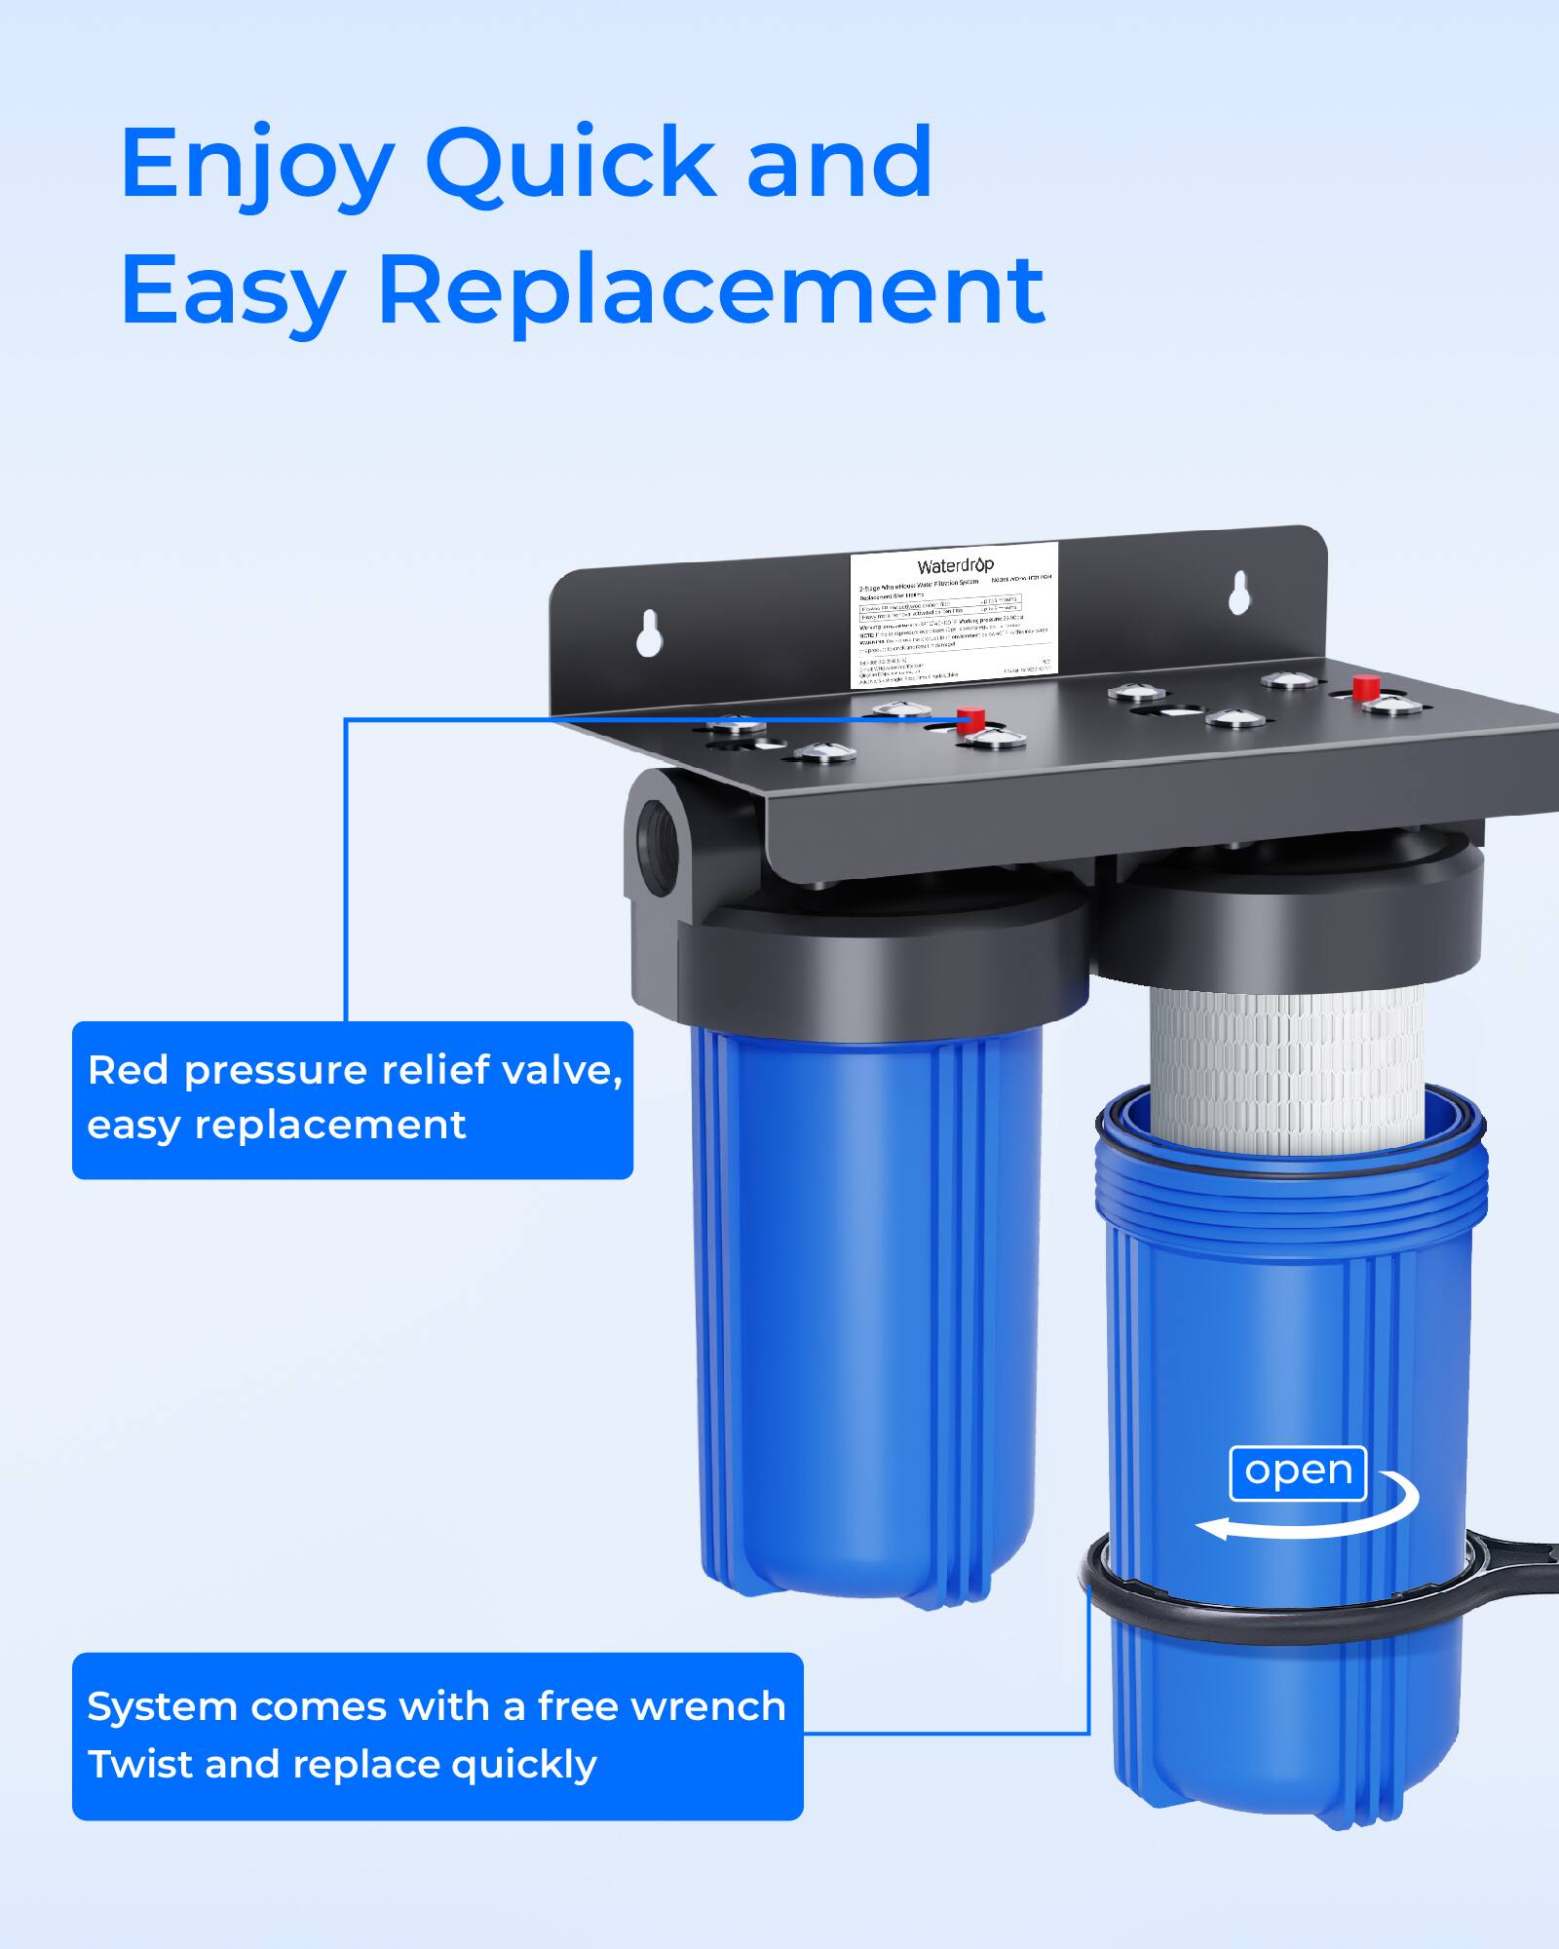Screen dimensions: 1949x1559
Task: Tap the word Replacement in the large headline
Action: [x=711, y=289]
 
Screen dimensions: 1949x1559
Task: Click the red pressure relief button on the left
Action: [x=969, y=720]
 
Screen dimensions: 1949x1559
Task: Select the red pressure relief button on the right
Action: [x=1364, y=685]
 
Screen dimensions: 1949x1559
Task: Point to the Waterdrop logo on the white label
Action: [x=955, y=566]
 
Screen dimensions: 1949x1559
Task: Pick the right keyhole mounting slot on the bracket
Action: [x=1238, y=593]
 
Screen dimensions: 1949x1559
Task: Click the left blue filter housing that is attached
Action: [x=867, y=1306]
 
